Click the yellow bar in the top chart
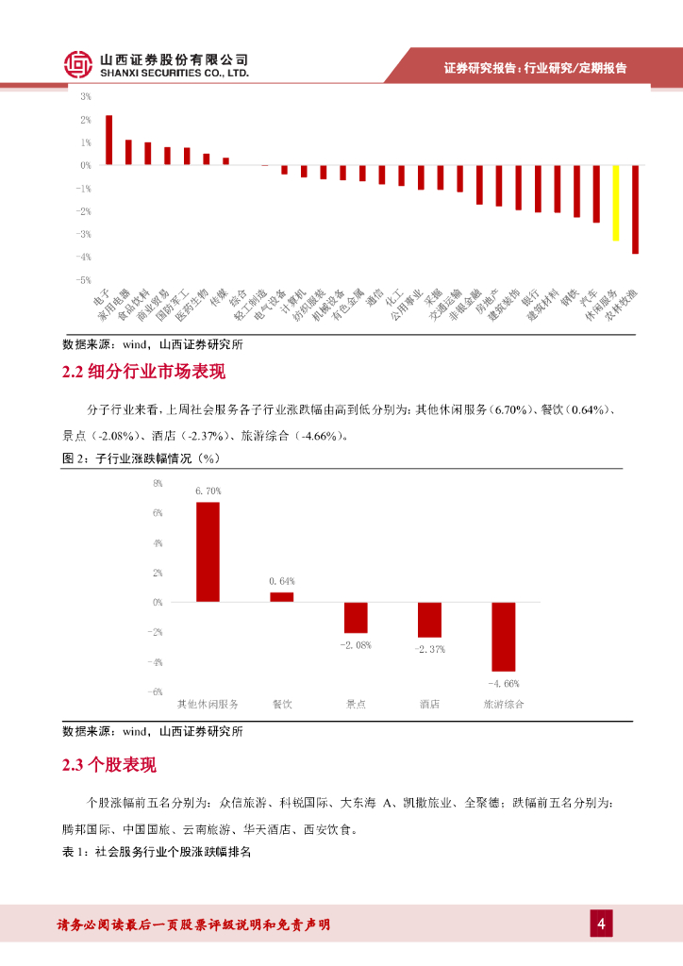616,203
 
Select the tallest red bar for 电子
109,141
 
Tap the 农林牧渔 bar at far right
636,209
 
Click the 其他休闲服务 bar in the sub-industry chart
208,552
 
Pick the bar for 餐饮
282,596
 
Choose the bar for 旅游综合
504,637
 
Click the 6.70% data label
208,491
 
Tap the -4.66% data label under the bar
504,682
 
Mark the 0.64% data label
282,580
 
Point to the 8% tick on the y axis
158,483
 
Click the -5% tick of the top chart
84,280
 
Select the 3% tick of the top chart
86,96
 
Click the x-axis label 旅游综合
504,705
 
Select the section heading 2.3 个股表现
109,765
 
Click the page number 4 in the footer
600,923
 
